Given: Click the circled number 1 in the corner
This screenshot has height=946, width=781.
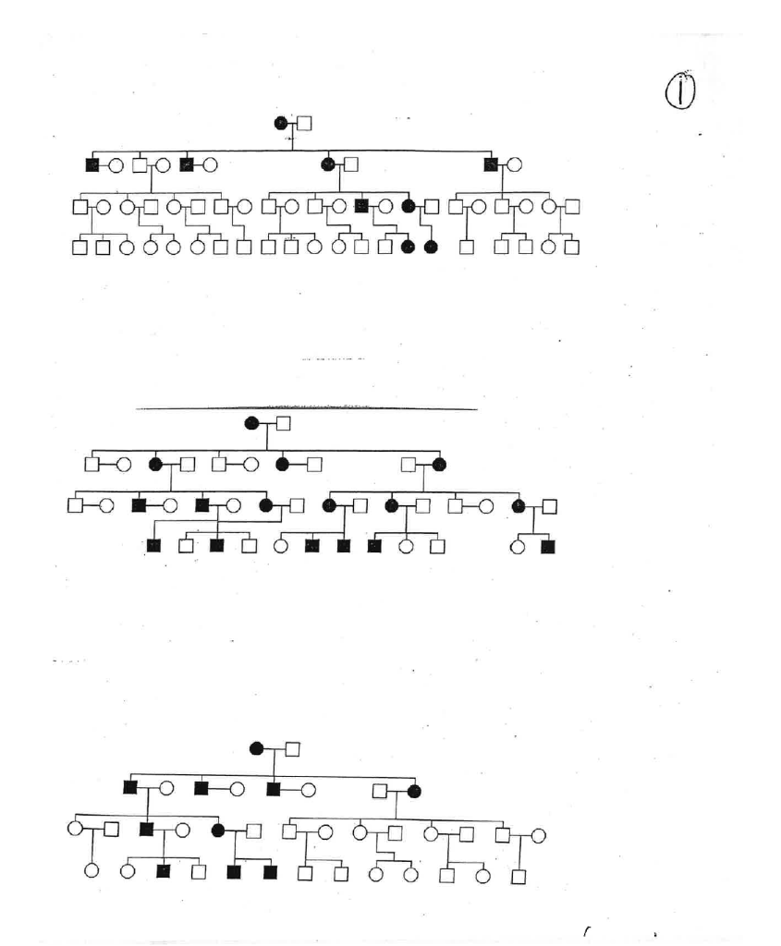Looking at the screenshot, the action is click(679, 92).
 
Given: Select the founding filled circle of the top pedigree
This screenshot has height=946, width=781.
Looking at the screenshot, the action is click(282, 123).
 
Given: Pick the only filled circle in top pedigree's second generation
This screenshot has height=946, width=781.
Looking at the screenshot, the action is click(327, 165).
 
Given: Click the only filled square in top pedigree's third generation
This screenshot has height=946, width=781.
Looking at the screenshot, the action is click(362, 206).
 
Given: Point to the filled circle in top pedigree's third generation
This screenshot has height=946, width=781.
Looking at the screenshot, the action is click(408, 206).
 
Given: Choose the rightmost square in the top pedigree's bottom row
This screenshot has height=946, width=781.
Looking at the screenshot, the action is click(572, 248).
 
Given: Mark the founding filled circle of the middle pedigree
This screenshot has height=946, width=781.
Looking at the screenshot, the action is click(251, 423).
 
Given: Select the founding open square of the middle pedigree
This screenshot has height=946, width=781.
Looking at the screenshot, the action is click(284, 423).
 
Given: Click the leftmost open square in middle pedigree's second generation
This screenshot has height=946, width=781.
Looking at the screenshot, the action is click(92, 464).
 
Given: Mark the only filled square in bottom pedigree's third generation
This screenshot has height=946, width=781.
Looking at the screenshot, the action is click(146, 829).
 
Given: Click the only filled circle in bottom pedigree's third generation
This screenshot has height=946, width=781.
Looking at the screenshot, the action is click(219, 830).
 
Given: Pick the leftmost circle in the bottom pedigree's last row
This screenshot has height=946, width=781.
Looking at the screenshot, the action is click(92, 870).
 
